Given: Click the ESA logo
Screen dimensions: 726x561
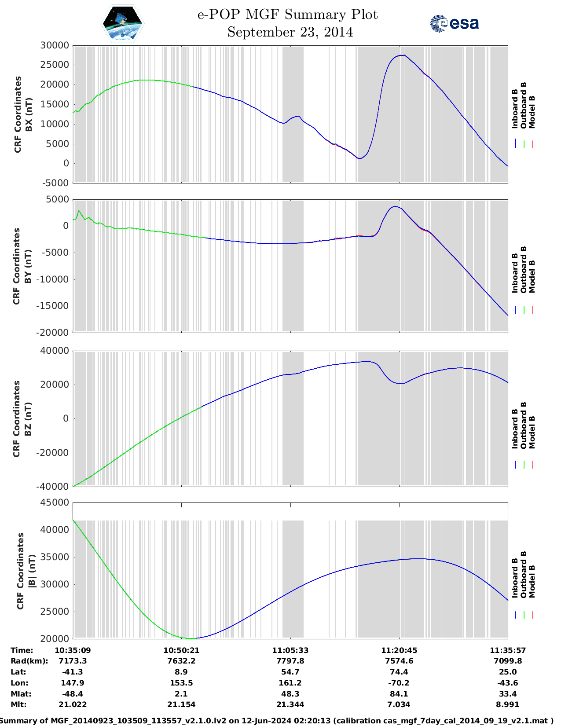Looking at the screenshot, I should [x=455, y=23].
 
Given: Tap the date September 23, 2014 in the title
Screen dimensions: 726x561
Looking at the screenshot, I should [x=290, y=32].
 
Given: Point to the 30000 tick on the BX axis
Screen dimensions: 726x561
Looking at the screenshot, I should [x=55, y=45].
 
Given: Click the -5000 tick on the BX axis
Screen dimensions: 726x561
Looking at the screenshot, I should [x=56, y=183].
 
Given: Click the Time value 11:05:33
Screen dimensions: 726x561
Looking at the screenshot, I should [x=290, y=650].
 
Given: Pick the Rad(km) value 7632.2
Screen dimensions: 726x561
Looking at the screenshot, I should [x=181, y=661].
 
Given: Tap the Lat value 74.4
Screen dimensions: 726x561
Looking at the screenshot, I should [x=399, y=672].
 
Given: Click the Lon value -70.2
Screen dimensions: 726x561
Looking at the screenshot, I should [x=399, y=683].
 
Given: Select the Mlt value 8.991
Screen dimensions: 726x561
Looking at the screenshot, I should [x=508, y=704].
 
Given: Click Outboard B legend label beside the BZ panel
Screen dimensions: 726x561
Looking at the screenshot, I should [x=523, y=425].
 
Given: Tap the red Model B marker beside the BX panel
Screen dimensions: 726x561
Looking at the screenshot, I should [x=532, y=144].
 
